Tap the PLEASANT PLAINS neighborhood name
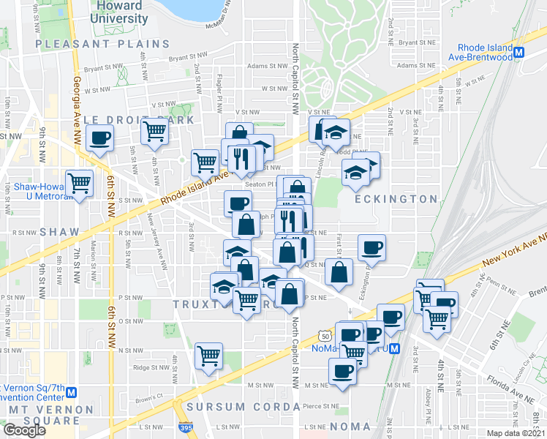tap(102, 44)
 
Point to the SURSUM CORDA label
tap(235, 407)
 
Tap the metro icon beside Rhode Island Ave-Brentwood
tap(519, 53)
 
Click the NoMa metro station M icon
tap(394, 349)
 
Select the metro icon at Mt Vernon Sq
tap(72, 391)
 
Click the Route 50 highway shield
tap(325, 335)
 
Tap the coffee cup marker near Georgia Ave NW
tap(99, 137)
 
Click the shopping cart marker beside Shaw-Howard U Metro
tap(79, 182)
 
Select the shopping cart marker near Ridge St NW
tap(208, 356)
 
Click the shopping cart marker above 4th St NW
tap(155, 132)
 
